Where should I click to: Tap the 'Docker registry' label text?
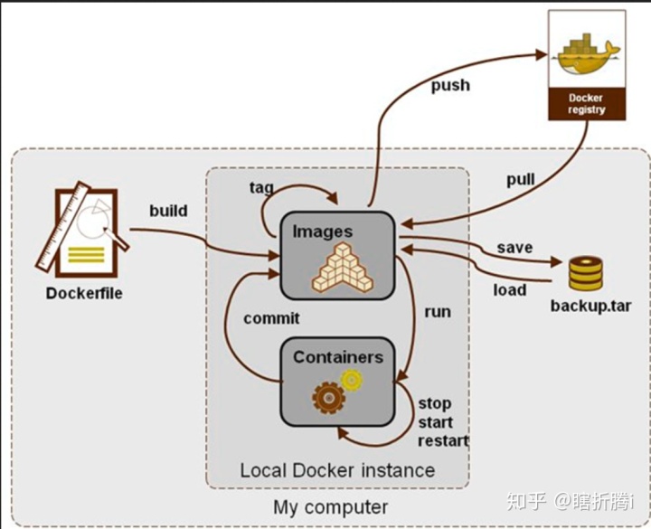(586, 103)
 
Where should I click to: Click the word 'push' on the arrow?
(449, 85)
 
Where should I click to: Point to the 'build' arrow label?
(169, 211)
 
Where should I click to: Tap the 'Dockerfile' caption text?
(84, 293)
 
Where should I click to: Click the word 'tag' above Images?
(262, 187)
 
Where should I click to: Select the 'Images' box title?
(322, 231)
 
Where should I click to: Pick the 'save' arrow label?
(514, 248)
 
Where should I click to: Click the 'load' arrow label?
(510, 289)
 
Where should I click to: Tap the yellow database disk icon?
(586, 271)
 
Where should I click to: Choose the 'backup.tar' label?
(590, 305)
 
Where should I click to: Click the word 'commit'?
(271, 318)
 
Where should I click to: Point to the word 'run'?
(437, 312)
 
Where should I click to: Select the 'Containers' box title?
(337, 357)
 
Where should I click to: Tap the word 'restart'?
(443, 440)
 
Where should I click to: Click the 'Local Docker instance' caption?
(336, 470)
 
